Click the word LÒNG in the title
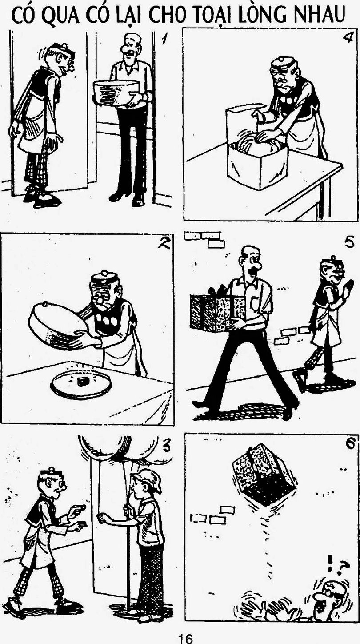(x=262, y=15)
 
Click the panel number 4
(x=347, y=38)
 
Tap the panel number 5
(x=348, y=243)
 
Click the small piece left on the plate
(x=83, y=381)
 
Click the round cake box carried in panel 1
(x=116, y=93)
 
